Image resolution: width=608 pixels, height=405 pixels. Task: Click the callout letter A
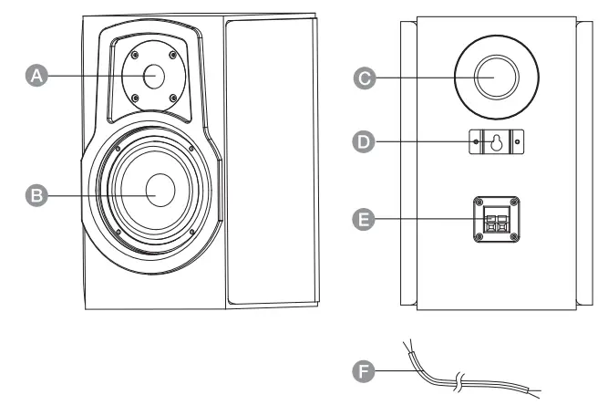click(36, 78)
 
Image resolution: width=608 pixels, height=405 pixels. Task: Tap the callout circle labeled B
click(36, 194)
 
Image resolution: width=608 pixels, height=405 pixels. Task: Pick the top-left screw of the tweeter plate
click(133, 55)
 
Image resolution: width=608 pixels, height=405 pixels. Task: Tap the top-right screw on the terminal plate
click(513, 201)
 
